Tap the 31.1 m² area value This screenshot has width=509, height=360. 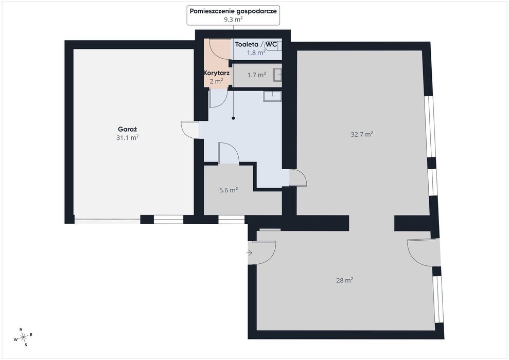128,137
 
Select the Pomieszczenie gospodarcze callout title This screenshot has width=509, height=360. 233,11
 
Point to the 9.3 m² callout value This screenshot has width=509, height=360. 233,19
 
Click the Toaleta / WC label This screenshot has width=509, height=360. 256,44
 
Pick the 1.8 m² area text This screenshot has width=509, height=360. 256,52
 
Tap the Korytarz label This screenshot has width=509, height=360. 217,73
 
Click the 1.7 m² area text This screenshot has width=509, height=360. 256,75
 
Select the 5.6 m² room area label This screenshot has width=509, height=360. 229,190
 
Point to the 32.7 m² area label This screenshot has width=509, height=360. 362,134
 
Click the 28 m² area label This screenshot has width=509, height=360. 344,280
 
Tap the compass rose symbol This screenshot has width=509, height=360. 23,337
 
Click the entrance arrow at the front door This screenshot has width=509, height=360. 249,253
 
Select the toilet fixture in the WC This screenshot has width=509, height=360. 273,46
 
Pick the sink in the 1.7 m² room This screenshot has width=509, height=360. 277,75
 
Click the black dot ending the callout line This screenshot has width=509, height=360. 233,118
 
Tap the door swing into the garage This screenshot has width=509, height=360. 190,130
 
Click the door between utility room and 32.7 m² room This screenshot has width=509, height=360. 297,178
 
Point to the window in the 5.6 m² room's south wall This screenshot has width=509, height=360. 231,220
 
